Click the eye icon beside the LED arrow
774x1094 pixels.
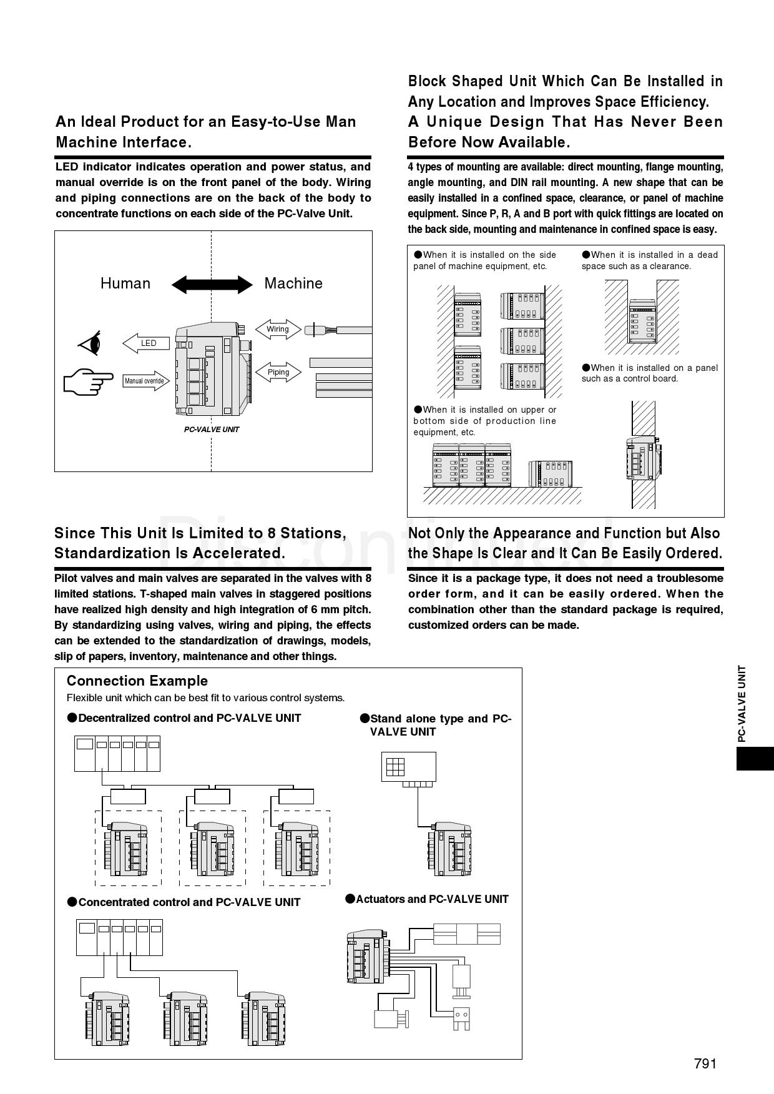[x=90, y=343]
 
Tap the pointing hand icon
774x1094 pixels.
[x=88, y=381]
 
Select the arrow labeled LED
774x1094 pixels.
[x=146, y=343]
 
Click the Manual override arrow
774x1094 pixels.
[x=146, y=381]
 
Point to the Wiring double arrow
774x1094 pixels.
[x=278, y=329]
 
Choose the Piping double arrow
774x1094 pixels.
[x=278, y=372]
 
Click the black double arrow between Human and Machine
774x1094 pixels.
[x=212, y=285]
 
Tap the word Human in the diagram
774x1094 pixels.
[x=125, y=283]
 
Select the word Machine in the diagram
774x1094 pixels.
[x=293, y=283]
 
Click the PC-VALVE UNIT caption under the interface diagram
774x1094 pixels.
[x=211, y=430]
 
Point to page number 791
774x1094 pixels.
[x=705, y=1064]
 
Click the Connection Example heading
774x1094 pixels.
[x=137, y=681]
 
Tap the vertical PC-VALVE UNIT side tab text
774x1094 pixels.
[x=742, y=704]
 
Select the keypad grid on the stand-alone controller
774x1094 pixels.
[x=395, y=766]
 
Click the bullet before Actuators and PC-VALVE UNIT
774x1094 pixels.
[x=350, y=899]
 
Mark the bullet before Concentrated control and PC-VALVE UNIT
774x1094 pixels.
[x=72, y=902]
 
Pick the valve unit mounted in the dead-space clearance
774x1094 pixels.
[x=642, y=321]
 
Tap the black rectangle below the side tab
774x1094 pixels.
[x=755, y=758]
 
